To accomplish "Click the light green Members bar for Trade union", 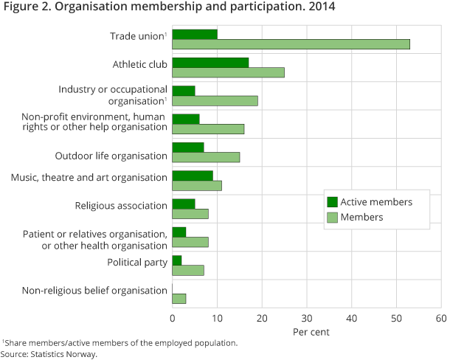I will point(291,44).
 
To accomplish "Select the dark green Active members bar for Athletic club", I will point(210,62).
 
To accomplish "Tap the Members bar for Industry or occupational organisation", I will point(215,100).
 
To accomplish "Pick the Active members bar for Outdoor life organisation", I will point(188,147).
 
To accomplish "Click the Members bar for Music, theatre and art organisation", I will point(197,185).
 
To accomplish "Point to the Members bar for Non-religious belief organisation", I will point(179,298).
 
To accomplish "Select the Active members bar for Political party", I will point(177,260).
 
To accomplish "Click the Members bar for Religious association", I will point(190,214).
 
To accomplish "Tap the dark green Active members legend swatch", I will point(332,202).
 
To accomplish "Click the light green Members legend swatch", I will point(332,217).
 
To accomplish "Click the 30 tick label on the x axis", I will point(307,319).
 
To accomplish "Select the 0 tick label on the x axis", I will point(173,319).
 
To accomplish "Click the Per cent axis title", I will point(311,332).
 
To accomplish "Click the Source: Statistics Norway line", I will point(49,354).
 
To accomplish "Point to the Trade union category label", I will point(137,36).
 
